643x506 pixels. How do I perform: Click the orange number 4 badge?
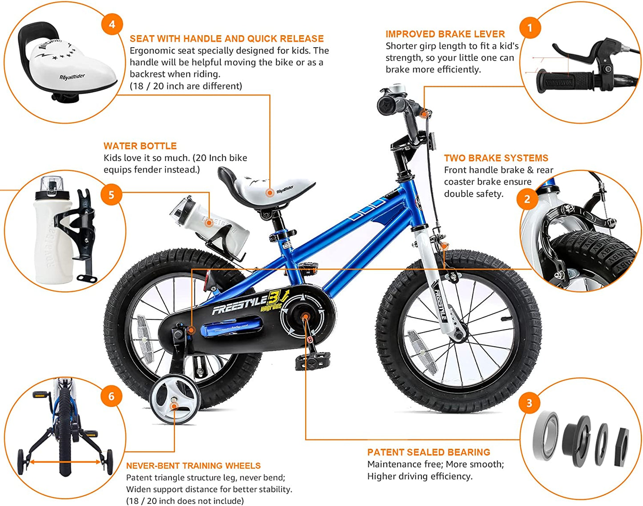point(112,24)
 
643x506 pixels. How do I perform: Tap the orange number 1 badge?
point(530,28)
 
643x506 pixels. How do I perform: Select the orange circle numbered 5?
point(111,195)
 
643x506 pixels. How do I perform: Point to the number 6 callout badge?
point(111,396)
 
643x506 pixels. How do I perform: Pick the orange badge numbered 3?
point(530,403)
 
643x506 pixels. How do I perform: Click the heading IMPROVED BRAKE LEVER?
point(445,34)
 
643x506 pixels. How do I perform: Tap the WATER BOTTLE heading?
point(140,146)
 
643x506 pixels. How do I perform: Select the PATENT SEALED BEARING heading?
point(429,452)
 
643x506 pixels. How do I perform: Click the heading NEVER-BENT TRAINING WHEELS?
point(193,465)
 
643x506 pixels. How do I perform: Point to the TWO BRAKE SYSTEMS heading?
point(496,158)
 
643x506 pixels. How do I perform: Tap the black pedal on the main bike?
point(313,361)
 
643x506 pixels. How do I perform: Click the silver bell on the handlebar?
point(397,89)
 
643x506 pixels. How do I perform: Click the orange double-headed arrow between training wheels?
point(65,462)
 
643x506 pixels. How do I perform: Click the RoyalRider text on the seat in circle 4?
point(72,77)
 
